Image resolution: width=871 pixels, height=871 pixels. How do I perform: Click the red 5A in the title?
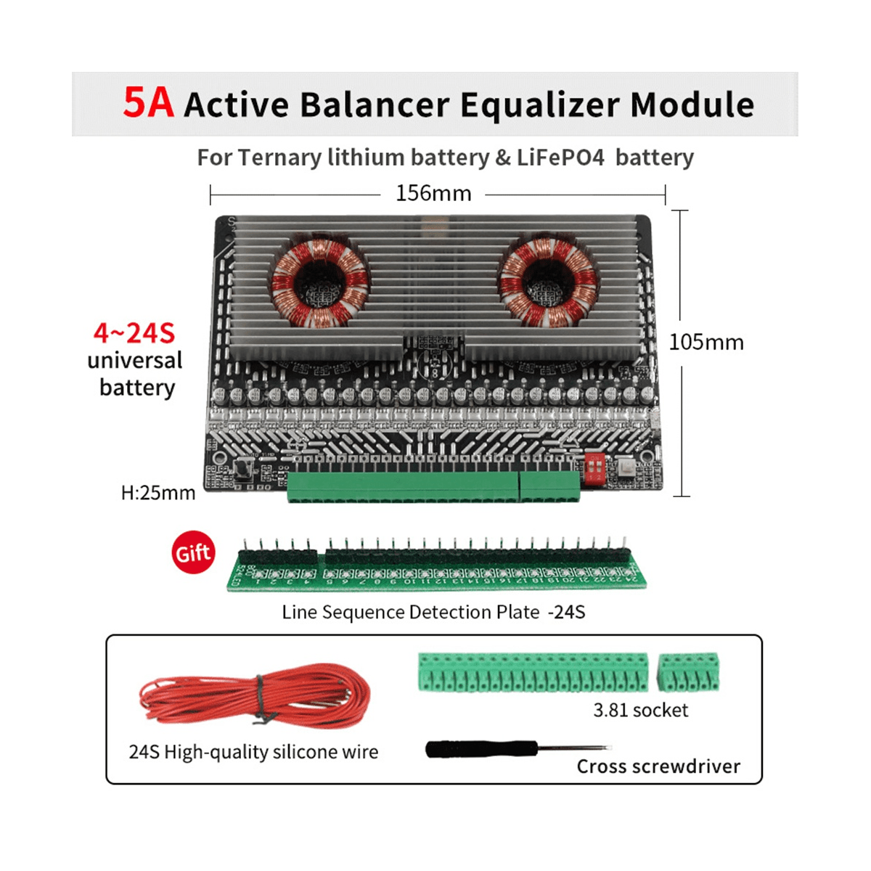point(148,103)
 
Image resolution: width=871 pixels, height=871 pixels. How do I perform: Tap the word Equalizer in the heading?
point(540,105)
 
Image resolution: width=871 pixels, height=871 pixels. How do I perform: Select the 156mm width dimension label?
point(433,194)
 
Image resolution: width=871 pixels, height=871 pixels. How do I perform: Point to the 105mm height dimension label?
point(706,342)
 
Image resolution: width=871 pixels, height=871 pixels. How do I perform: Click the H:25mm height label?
point(158,493)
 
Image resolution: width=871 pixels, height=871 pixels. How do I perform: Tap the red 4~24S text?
point(134,333)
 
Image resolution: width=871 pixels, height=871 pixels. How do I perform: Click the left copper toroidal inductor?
point(319,280)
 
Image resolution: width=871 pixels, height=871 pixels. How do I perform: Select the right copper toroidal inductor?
point(549,280)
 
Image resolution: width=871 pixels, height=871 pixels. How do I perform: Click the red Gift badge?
point(193,553)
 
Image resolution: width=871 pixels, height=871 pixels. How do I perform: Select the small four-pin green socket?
point(689,672)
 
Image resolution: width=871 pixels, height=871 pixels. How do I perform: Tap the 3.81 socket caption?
point(640,710)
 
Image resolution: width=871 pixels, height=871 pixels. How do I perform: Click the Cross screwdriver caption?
point(658,766)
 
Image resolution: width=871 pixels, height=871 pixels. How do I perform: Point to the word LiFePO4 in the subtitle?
point(560,158)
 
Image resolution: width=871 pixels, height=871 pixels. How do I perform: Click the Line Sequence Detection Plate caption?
point(433,612)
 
